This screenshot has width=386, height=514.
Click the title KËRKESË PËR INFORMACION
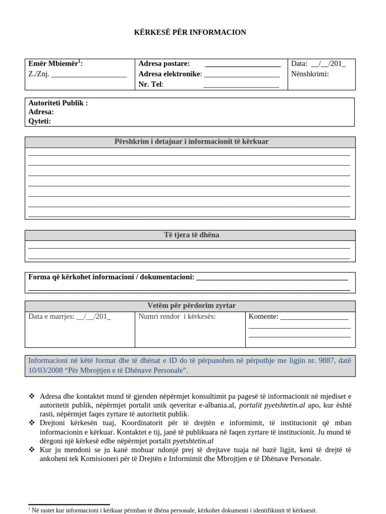190,33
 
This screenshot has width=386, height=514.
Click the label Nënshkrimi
310,74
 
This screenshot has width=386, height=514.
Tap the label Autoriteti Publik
58,103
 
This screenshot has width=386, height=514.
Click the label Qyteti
40,121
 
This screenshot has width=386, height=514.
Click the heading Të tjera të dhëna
190,235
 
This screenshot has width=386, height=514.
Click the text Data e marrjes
51,316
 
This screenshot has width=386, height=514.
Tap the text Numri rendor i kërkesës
177,316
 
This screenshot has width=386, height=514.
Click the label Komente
263,316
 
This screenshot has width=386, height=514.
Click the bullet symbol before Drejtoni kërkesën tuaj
32,423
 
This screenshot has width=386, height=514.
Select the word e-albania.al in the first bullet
217,405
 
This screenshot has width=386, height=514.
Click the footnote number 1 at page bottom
30,508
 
